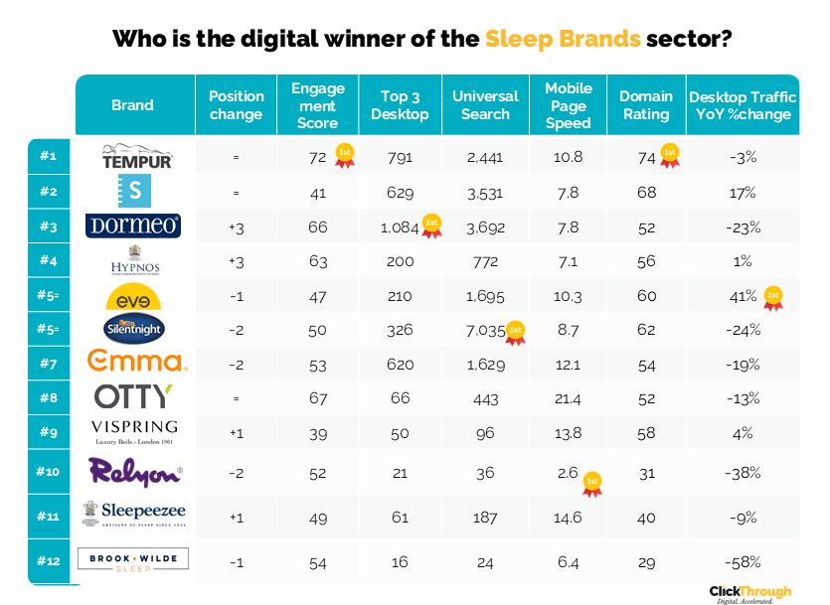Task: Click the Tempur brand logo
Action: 137,157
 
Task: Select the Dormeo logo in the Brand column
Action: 132,227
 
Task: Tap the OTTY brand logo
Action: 133,396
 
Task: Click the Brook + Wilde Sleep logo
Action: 132,562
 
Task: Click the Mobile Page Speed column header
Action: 569,105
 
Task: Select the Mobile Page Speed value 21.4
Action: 569,397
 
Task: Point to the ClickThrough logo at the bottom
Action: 750,593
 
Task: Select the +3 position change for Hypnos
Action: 236,261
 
